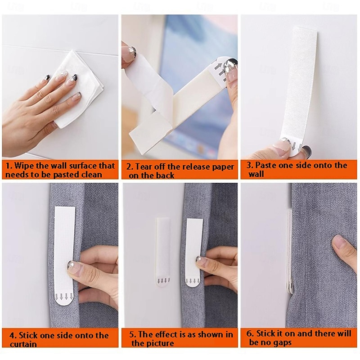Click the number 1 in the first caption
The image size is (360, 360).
[x=8, y=166]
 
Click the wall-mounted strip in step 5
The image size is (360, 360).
[x=162, y=250]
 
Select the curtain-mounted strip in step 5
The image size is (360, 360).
[x=192, y=250]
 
